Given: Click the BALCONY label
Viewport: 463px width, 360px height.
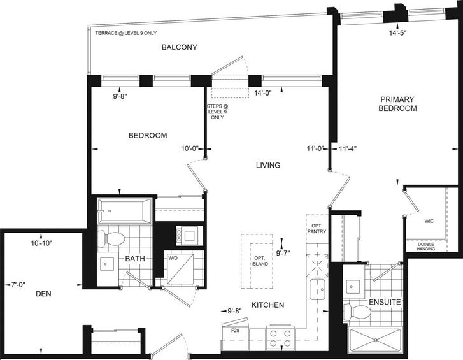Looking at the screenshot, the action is tap(179, 47).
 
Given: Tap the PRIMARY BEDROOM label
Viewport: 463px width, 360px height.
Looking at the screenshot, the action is tap(397, 104).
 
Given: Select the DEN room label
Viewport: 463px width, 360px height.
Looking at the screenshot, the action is tap(43, 294).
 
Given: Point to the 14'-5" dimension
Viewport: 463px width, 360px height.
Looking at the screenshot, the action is tap(397, 33).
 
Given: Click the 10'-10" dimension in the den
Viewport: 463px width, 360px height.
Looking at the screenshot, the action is tap(41, 243).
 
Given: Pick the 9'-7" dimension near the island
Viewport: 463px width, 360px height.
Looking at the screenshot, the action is tap(283, 253).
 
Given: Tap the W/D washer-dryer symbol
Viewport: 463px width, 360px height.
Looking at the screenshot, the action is tap(180, 268).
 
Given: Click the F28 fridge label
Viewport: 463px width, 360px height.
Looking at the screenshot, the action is tap(236, 331).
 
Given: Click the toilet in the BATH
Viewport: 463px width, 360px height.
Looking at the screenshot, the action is tap(111, 239).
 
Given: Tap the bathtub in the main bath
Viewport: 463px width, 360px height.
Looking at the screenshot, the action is tap(125, 210).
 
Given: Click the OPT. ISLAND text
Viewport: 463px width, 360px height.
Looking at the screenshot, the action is tap(260, 261).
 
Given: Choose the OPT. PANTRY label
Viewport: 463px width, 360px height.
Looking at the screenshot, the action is tap(317, 229).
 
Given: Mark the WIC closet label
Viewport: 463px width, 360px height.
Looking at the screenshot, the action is tap(429, 221).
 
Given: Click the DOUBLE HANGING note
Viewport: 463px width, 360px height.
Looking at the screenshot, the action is tap(426, 247).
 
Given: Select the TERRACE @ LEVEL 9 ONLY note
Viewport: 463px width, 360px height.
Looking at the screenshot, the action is tap(126, 33).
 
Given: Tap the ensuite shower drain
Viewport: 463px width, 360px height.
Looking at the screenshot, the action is tap(375, 340).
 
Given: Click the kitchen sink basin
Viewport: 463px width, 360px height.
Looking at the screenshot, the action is tap(317, 289).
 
